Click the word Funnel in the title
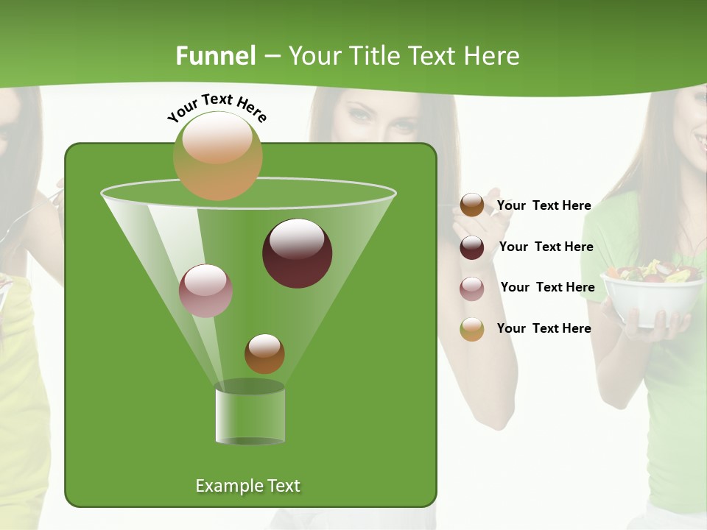coord(215,56)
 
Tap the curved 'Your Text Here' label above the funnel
coord(217,107)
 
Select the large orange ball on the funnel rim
coord(217,155)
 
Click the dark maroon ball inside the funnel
coord(298,253)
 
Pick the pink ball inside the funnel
coord(206,290)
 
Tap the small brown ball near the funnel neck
coord(264,353)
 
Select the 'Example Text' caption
coord(248,486)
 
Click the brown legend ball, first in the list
coord(472,205)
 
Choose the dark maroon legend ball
coord(472,247)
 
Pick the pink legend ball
coord(472,289)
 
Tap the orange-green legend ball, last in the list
coord(472,329)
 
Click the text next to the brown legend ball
coord(544,205)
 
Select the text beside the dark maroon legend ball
coord(546,247)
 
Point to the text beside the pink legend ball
coord(547,287)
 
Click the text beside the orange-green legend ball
coord(544,328)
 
